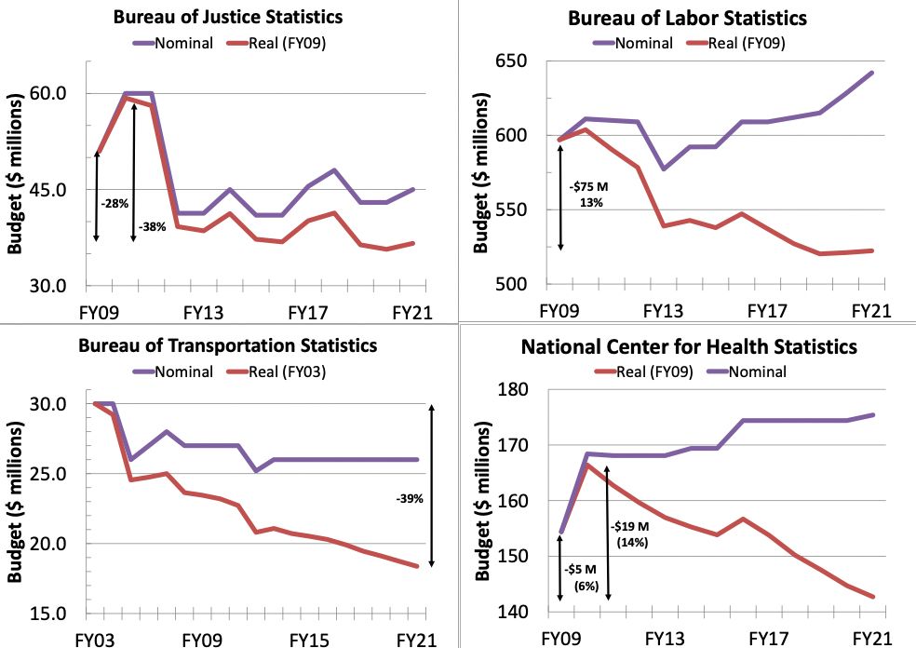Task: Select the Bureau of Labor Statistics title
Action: click(x=687, y=18)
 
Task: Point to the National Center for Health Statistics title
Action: click(x=688, y=348)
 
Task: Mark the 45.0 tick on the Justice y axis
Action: click(x=57, y=190)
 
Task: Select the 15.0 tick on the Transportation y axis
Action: click(x=57, y=614)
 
